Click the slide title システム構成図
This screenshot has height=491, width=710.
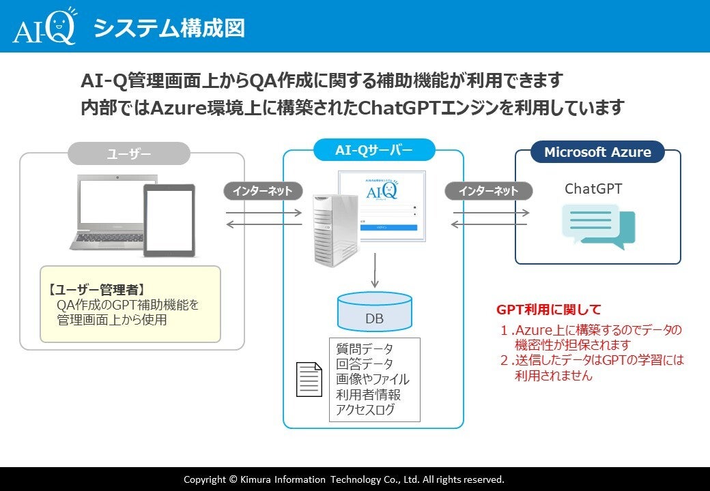pos(169,29)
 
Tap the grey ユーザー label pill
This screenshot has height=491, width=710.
pos(128,153)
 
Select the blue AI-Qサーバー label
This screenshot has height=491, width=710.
pos(373,150)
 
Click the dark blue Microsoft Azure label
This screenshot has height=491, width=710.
pos(597,152)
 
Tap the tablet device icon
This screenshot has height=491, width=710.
pos(169,220)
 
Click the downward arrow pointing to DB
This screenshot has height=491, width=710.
pos(374,270)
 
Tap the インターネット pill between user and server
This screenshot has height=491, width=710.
pos(262,191)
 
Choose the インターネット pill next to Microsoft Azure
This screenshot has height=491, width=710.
pos(488,191)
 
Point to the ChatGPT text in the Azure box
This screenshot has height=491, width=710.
pos(593,189)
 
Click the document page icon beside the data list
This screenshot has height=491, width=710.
pos(309,379)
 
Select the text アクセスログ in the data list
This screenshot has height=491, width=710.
pos(365,410)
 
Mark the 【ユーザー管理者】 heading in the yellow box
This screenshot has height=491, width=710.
pos(96,289)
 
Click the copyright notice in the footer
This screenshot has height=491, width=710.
pos(344,479)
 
